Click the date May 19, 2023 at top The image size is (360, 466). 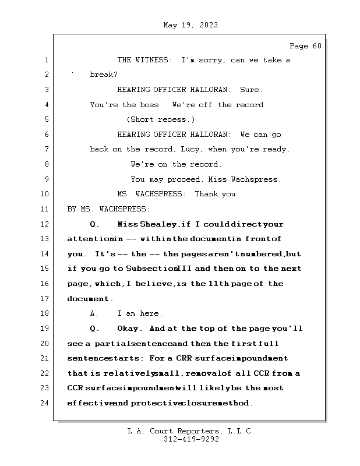tap(191, 25)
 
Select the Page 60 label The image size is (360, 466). tap(305, 46)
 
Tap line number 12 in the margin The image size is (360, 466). tap(47, 224)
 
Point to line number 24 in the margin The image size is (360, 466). tap(47, 403)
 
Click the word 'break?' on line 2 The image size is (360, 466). tap(104, 75)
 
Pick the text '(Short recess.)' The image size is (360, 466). tap(160, 120)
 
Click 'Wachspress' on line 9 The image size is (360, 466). tap(256, 179)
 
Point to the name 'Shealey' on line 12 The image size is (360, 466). tap(159, 224)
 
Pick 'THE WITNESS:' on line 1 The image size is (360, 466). tap(144, 61)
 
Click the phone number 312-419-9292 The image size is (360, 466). tap(191, 440)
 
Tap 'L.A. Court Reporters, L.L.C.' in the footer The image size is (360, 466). tap(191, 432)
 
